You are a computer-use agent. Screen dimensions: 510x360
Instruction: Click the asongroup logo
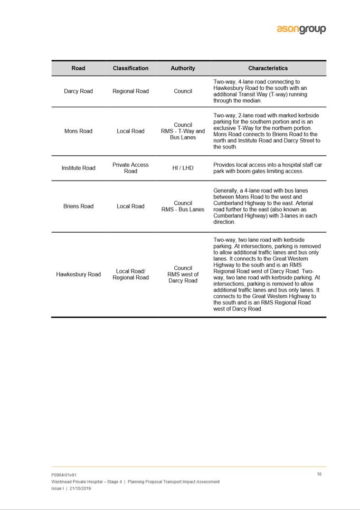[x=301, y=29]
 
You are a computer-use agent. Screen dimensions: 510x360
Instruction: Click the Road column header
[x=78, y=68]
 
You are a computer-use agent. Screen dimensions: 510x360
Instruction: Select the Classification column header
[x=130, y=68]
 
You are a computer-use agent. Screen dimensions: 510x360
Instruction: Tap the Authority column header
[x=183, y=68]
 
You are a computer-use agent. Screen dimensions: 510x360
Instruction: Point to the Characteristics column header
[x=268, y=68]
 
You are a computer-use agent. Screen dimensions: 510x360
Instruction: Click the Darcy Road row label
[x=78, y=91]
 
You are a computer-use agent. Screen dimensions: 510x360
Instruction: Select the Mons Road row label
[x=78, y=131]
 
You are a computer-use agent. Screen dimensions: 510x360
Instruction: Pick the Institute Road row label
[x=78, y=168]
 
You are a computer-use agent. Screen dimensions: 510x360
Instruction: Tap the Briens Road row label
[x=78, y=206]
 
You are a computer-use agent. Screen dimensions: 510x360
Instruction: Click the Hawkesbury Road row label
[x=78, y=275]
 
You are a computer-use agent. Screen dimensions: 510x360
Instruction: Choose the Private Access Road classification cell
[x=130, y=168]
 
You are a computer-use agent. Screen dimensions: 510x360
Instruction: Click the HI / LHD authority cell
[x=183, y=168]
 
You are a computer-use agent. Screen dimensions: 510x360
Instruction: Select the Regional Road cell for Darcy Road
[x=130, y=91]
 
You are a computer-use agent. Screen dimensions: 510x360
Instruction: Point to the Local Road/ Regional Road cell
[x=130, y=275]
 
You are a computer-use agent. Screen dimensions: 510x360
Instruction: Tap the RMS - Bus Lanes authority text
[x=183, y=210]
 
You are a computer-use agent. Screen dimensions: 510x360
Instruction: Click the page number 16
[x=319, y=474]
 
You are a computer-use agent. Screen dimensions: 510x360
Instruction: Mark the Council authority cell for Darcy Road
[x=183, y=91]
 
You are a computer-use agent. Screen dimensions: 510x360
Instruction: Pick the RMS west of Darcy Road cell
[x=183, y=278]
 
